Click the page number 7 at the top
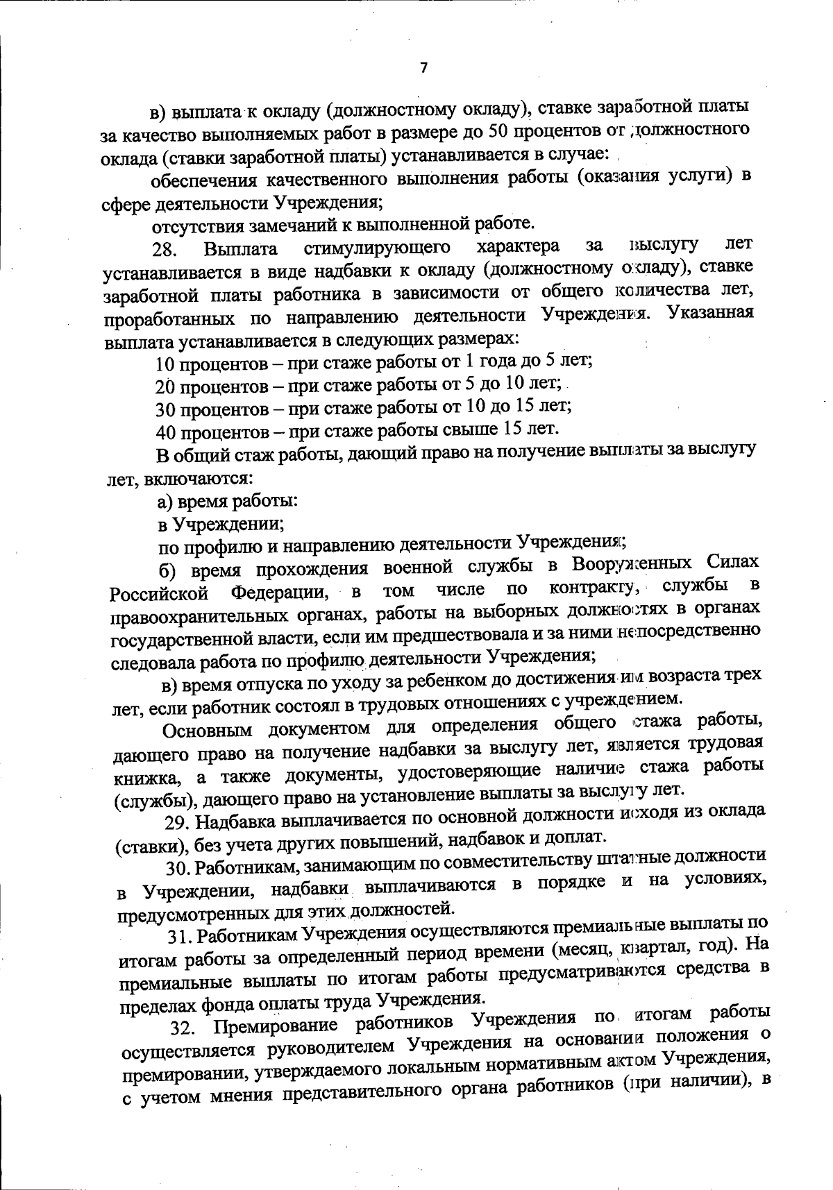[x=424, y=67]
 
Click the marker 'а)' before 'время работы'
[x=165, y=500]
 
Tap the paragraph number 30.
[x=179, y=867]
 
